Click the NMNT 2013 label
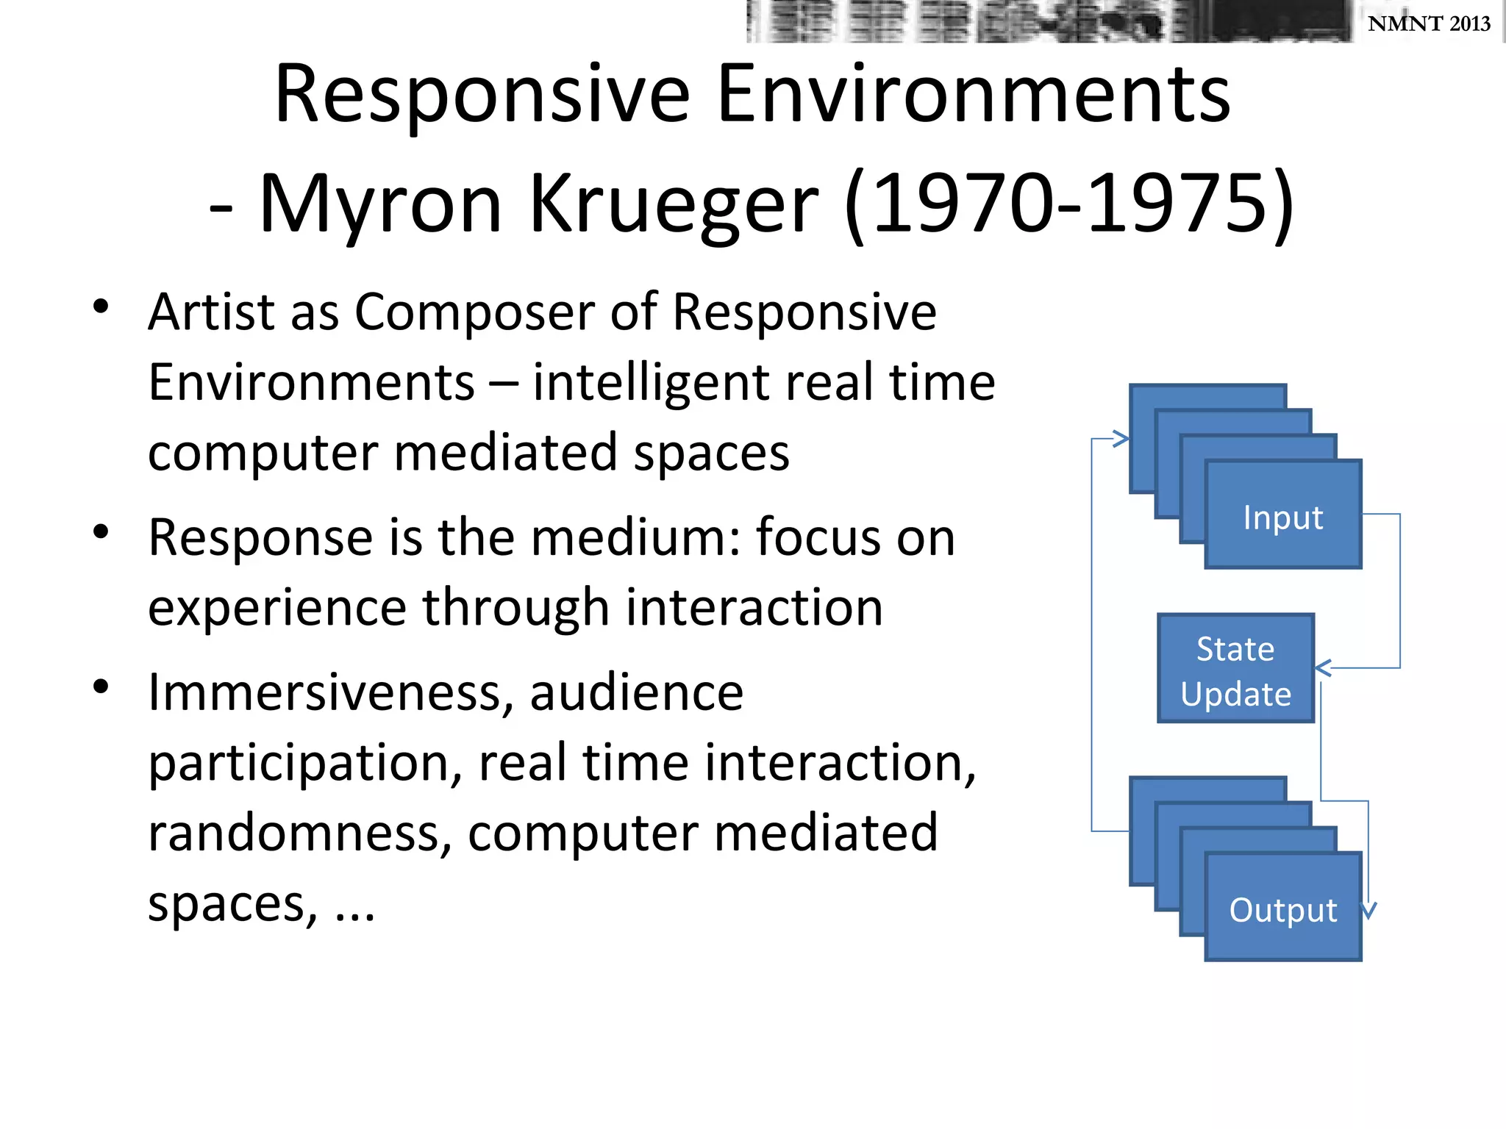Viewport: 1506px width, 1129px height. [x=1428, y=24]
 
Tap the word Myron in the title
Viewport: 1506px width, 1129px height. [x=380, y=204]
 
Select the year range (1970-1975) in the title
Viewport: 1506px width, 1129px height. [x=1069, y=204]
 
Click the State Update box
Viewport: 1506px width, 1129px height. [x=1235, y=669]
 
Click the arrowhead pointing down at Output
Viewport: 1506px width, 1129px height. [x=1368, y=911]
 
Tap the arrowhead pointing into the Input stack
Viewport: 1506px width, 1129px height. [x=1121, y=439]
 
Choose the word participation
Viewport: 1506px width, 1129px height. [x=305, y=764]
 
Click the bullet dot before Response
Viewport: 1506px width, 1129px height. [x=101, y=531]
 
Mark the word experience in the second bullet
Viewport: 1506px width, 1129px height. [x=277, y=609]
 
